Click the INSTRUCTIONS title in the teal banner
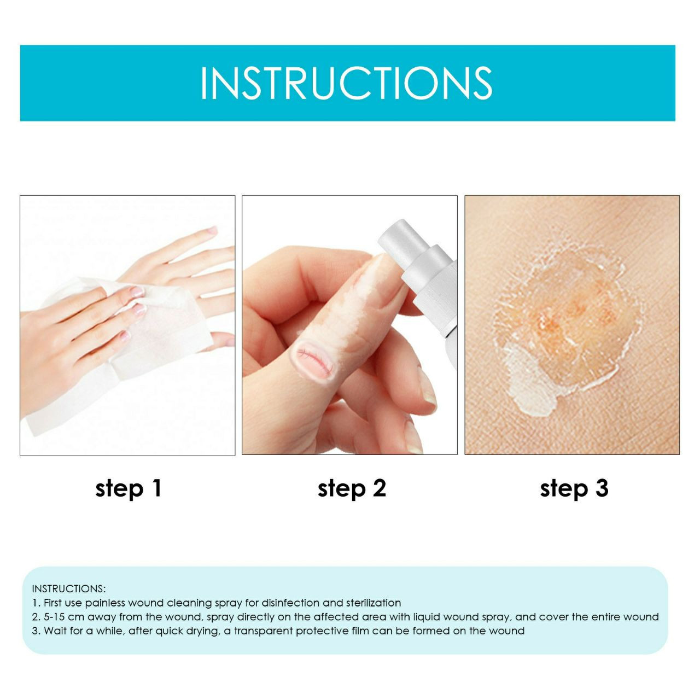(x=346, y=83)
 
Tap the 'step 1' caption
(x=129, y=488)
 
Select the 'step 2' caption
(x=352, y=488)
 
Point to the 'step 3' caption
(x=574, y=488)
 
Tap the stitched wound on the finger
(x=314, y=358)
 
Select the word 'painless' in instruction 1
(x=103, y=603)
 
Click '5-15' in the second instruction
(x=59, y=617)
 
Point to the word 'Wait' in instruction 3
(x=55, y=631)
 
